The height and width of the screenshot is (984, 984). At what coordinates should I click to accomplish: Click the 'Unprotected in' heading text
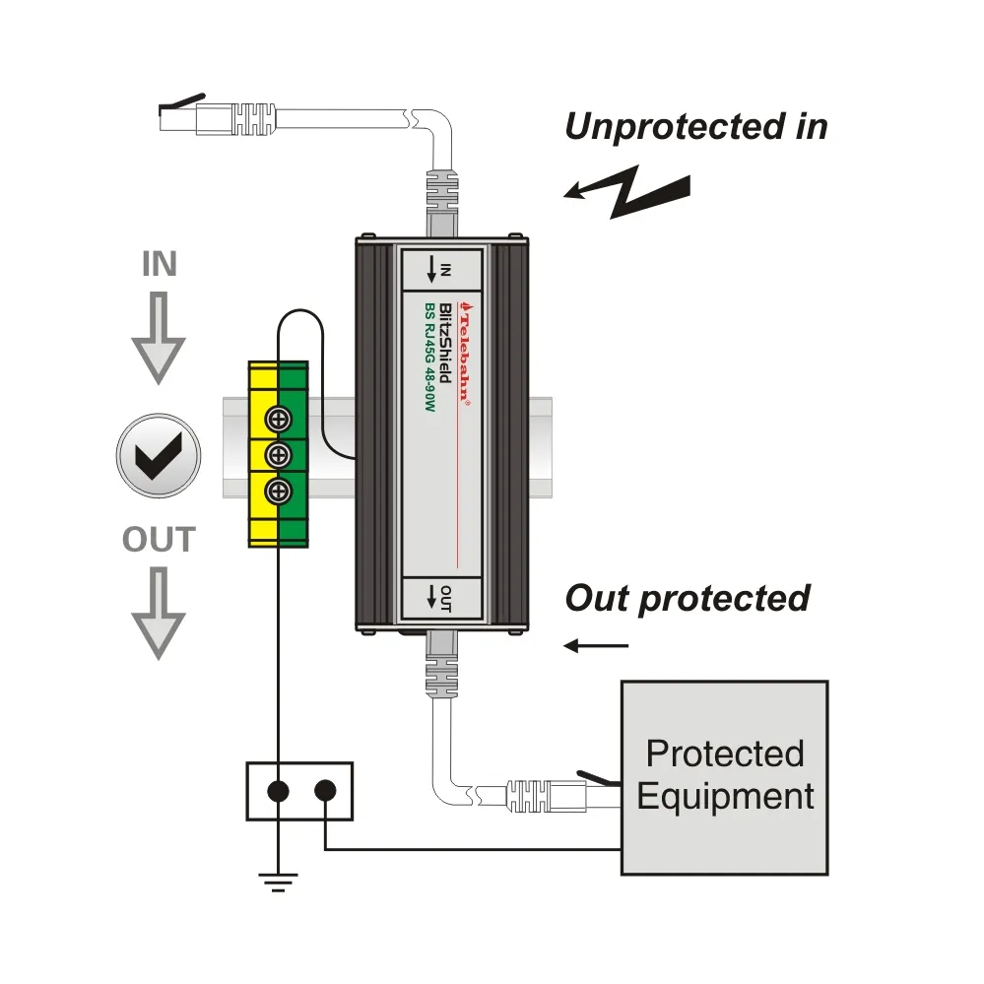pyautogui.click(x=695, y=127)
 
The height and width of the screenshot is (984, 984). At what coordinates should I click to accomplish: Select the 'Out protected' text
pyautogui.click(x=687, y=598)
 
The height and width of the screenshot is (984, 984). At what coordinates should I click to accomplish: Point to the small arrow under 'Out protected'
pyautogui.click(x=596, y=646)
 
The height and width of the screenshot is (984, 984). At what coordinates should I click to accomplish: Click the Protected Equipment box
pyautogui.click(x=724, y=776)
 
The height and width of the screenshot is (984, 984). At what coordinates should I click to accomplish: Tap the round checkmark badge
pyautogui.click(x=158, y=454)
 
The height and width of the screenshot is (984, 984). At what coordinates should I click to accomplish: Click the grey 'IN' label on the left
pyautogui.click(x=159, y=265)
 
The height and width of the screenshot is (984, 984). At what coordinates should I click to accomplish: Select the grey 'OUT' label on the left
pyautogui.click(x=159, y=540)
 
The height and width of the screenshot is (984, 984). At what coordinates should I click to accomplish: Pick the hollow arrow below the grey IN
pyautogui.click(x=159, y=341)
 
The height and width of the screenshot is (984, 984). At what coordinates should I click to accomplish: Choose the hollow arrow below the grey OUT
pyautogui.click(x=159, y=614)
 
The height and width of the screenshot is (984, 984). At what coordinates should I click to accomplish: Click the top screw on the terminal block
pyautogui.click(x=279, y=421)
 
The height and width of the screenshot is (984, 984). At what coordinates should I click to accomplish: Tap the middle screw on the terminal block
pyautogui.click(x=279, y=455)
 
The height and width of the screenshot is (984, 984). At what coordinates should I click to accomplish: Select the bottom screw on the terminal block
pyautogui.click(x=279, y=491)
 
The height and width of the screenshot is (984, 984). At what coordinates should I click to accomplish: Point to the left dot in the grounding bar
pyautogui.click(x=279, y=790)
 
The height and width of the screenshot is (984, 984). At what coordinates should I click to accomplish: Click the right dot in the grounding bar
pyautogui.click(x=325, y=790)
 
